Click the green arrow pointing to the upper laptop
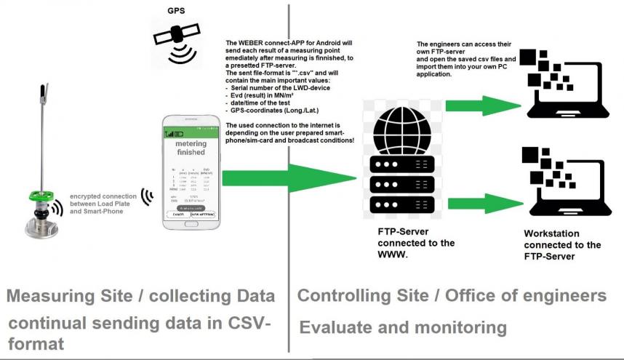click(473, 105)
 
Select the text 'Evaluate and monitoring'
click(402, 327)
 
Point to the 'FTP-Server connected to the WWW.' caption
click(408, 243)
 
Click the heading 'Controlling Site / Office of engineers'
click(452, 296)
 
